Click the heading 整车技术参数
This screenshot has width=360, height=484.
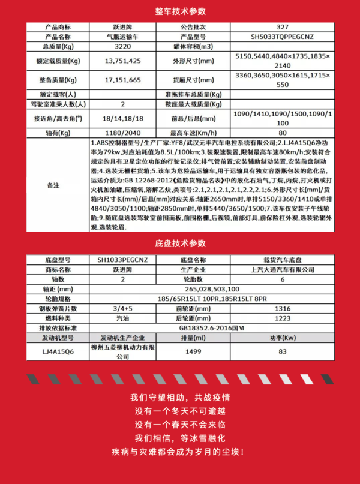point(179,11)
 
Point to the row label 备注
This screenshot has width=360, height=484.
point(53,186)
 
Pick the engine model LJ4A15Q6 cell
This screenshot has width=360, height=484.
point(53,351)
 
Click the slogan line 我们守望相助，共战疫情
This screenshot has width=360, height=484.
point(179,398)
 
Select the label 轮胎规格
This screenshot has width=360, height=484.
point(53,299)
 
